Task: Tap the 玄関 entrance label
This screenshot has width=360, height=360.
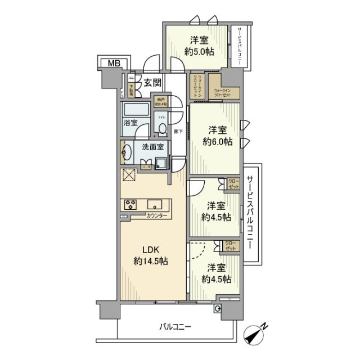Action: tap(152, 83)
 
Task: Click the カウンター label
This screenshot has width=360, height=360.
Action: tap(156, 215)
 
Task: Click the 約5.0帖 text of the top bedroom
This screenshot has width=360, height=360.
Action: tap(201, 51)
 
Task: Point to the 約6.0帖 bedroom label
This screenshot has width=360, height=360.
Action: tap(217, 142)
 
